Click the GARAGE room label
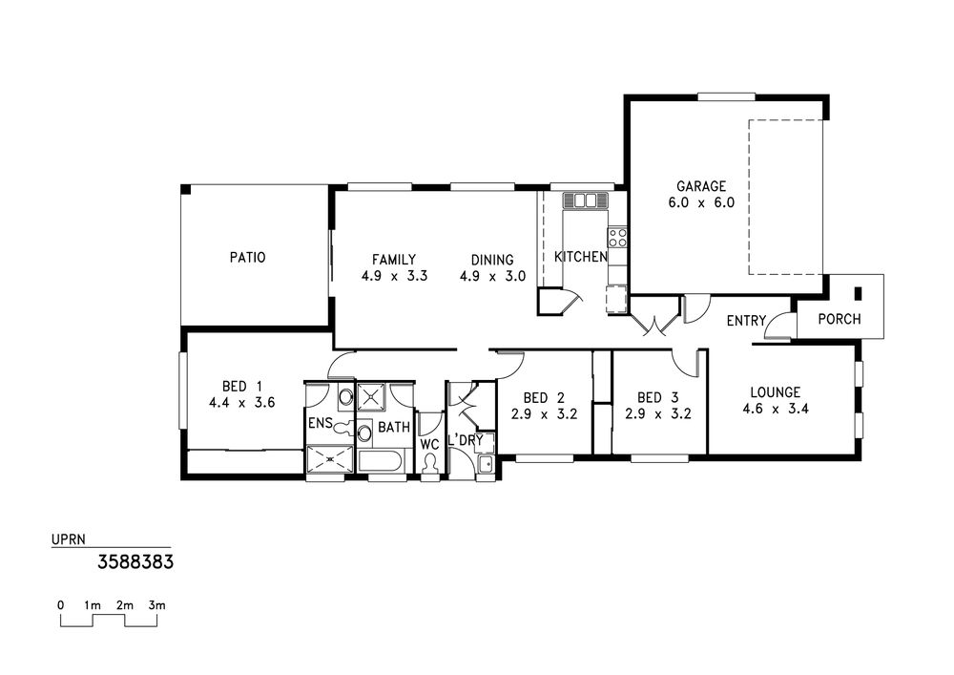point(701,186)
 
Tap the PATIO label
point(248,258)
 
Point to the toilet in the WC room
point(431,464)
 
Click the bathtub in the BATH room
point(379,460)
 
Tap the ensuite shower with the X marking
point(329,459)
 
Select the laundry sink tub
point(486,465)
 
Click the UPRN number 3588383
point(135,561)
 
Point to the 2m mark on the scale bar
point(125,605)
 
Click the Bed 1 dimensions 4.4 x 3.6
point(242,402)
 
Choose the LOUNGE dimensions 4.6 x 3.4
point(776,409)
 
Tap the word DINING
point(492,260)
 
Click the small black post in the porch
point(859,293)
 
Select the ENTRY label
point(747,321)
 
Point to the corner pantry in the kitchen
point(550,302)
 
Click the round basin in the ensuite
point(345,397)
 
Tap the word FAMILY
point(394,260)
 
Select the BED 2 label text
point(544,398)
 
